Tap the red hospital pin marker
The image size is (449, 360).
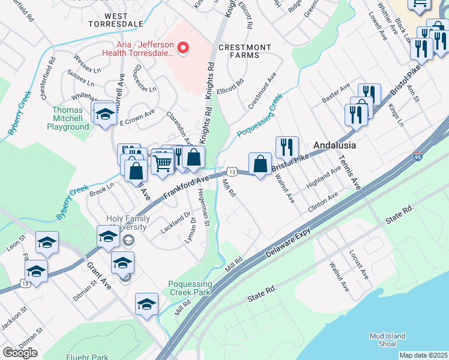click(x=185, y=47)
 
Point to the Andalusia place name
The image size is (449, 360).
click(x=335, y=145)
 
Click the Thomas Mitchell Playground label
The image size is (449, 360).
click(x=68, y=118)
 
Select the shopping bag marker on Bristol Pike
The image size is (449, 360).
click(x=260, y=163)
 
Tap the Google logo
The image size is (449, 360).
click(x=20, y=353)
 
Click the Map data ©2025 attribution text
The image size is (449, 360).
click(x=423, y=355)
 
